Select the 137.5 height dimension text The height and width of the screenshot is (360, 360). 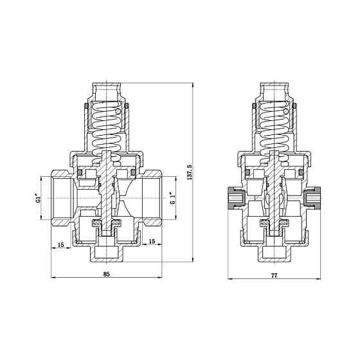pos(189,172)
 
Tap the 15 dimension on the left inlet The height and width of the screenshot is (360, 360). pos(60,244)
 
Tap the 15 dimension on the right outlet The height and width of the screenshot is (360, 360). pos(152,241)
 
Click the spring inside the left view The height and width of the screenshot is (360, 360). pos(107,132)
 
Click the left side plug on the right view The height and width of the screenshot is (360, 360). pos(234,199)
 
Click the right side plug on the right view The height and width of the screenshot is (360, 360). pos(315,199)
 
